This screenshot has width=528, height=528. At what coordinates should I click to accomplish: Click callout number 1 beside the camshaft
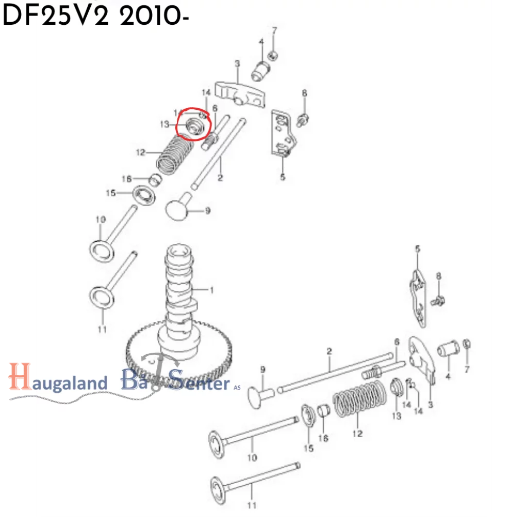coord(210,290)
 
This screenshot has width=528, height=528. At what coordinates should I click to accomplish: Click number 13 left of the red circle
coord(164,124)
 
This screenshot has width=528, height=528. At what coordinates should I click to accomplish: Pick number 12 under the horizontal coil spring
coord(357,434)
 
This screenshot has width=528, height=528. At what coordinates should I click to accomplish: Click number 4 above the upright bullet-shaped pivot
coord(261,42)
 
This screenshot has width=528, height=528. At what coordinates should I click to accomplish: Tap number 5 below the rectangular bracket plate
coord(283,177)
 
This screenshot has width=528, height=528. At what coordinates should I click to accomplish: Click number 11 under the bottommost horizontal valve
coord(252,505)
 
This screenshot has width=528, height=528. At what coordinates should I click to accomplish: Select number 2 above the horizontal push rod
coord(329,352)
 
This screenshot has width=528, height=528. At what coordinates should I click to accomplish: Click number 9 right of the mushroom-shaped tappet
coord(208,210)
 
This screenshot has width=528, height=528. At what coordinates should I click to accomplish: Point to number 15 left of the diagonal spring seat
coord(111,193)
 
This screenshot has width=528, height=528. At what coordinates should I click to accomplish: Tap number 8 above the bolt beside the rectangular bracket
coord(304,93)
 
